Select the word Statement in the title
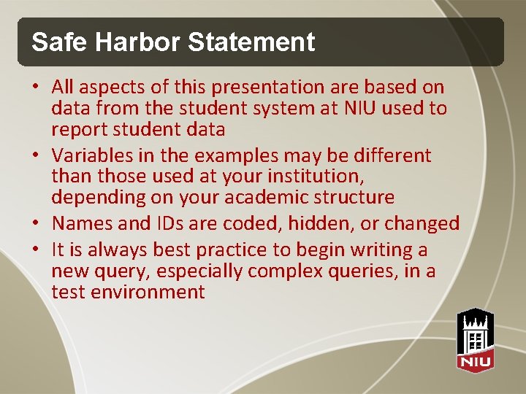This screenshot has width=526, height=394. point(251,42)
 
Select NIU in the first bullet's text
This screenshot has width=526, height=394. point(359,109)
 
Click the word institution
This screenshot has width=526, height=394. point(319,177)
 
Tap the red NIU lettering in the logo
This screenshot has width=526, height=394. point(476,360)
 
